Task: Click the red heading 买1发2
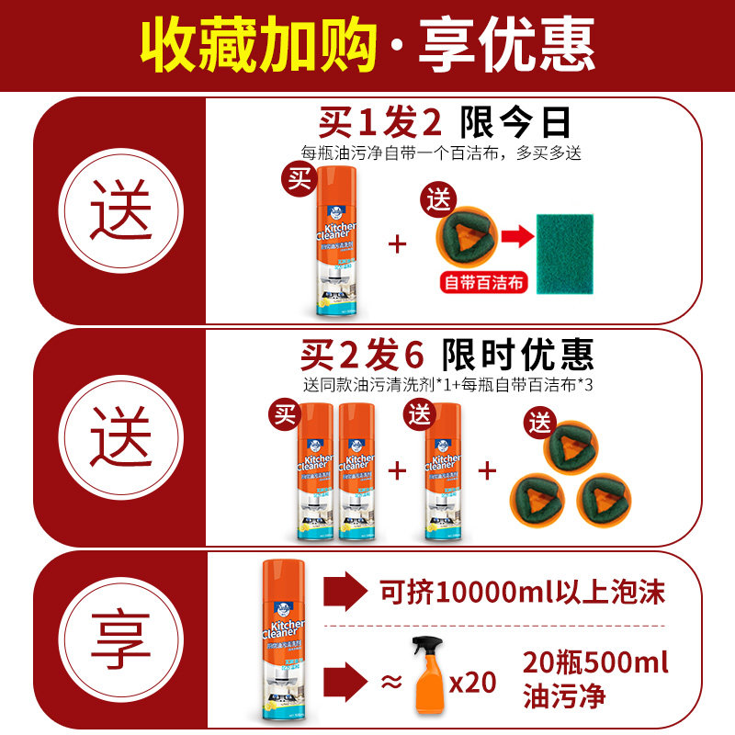[380, 121]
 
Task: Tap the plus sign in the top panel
[397, 243]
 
